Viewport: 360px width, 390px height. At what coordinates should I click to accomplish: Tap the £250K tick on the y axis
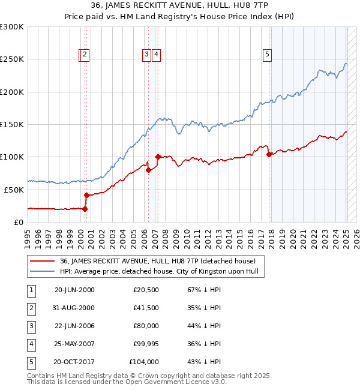(12, 59)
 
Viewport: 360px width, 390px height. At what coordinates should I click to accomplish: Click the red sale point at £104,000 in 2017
(269, 154)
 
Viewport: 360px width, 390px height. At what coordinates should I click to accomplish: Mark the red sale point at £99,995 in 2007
(158, 157)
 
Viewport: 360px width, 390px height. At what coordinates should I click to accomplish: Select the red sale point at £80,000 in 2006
(148, 170)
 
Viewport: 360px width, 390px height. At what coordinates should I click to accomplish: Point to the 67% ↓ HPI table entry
(200, 290)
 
